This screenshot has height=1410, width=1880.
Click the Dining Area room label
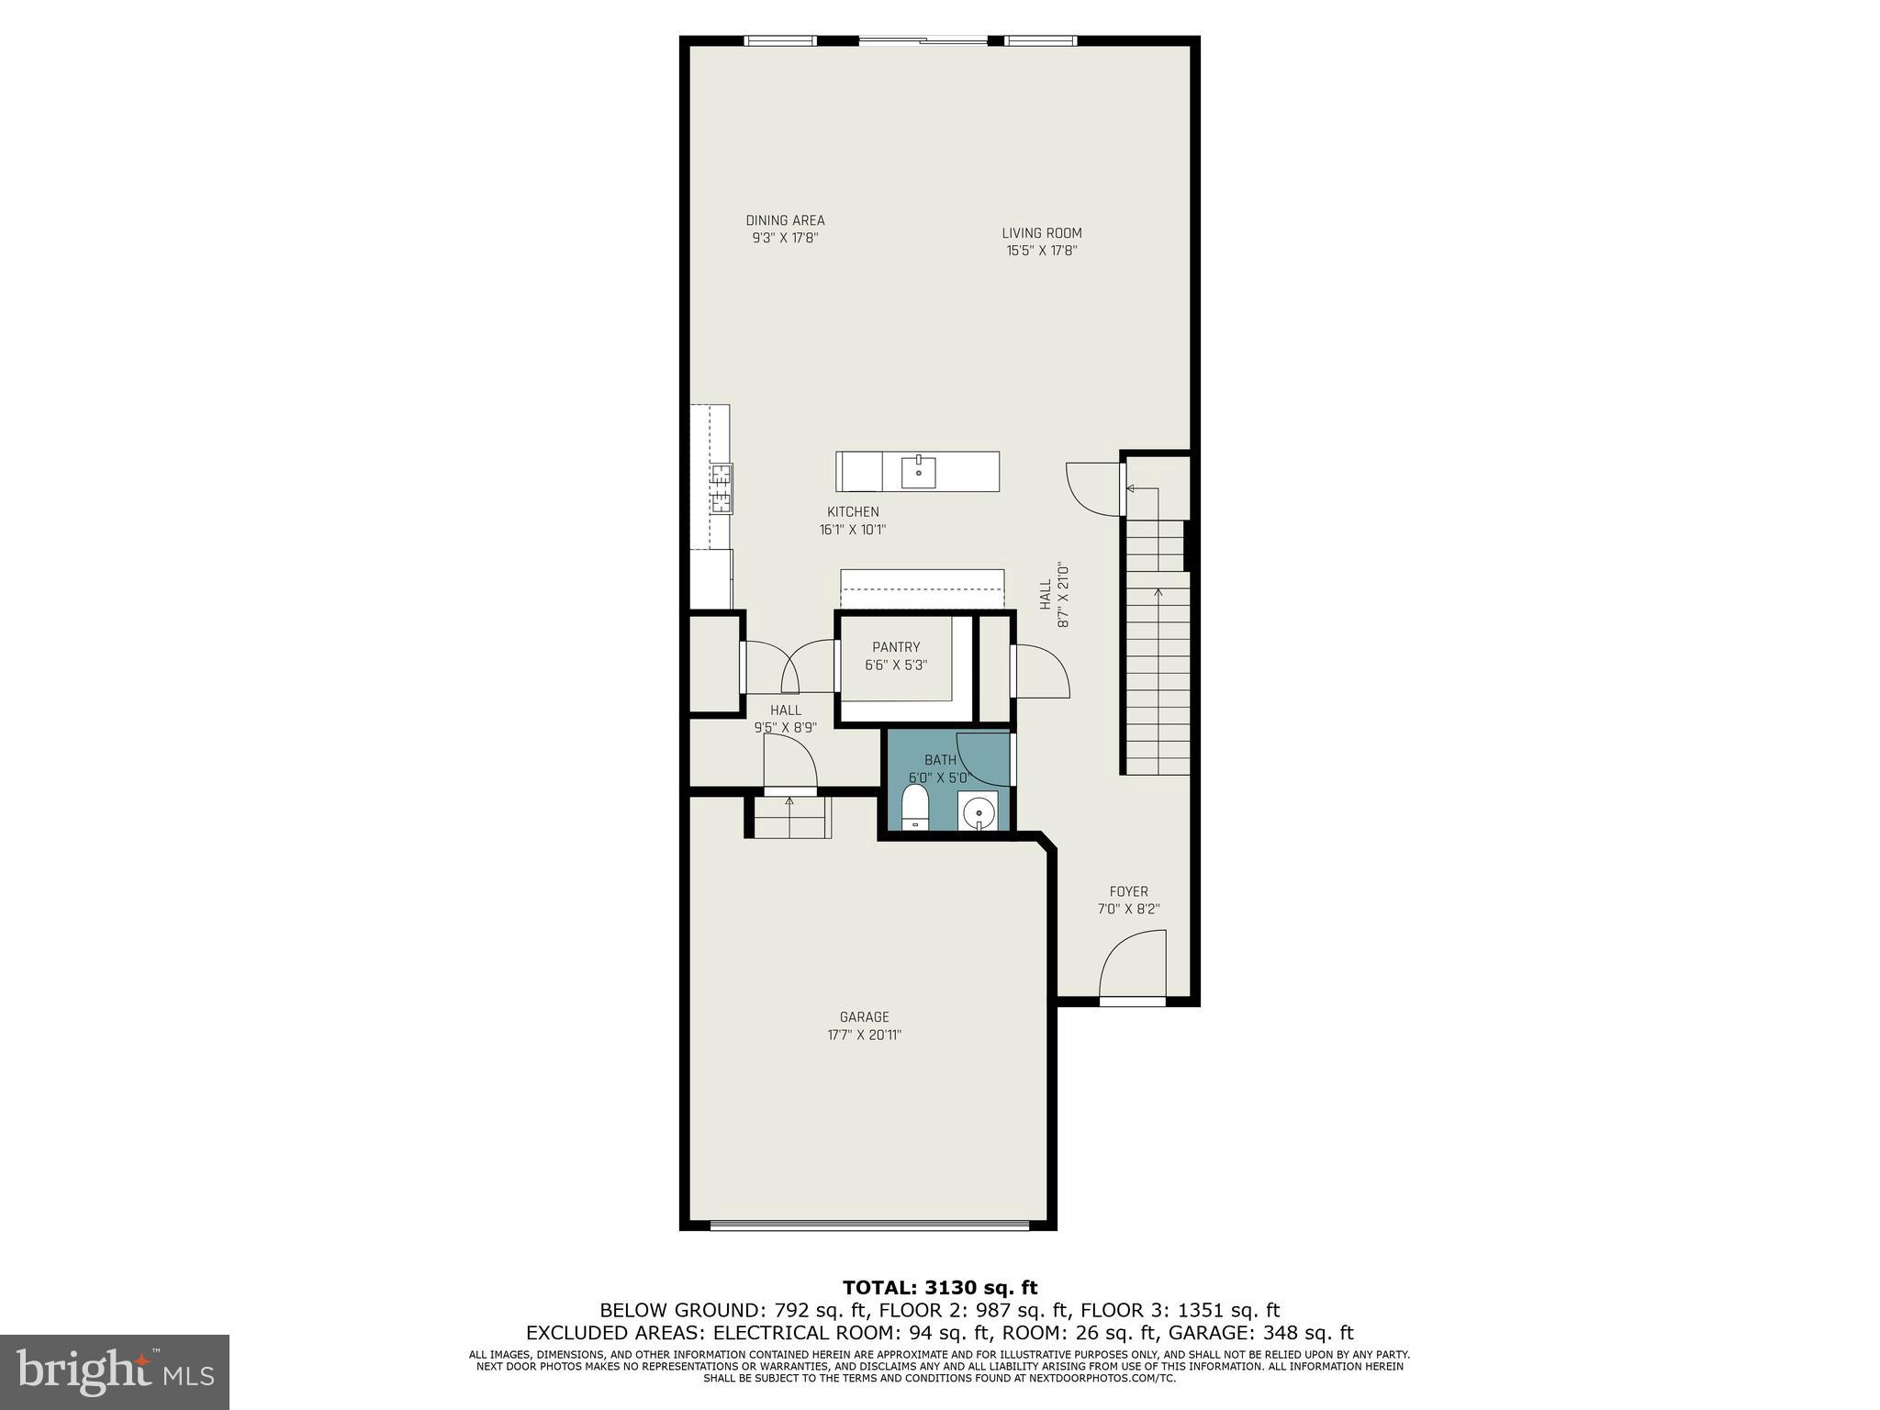click(x=785, y=220)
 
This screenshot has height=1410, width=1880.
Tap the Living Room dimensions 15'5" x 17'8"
click(x=1041, y=250)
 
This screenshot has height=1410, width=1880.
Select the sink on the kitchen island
click(x=918, y=472)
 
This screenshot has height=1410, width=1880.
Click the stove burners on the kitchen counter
click(x=722, y=488)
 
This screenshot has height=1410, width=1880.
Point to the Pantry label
click(x=896, y=647)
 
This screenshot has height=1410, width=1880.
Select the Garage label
click(x=864, y=1017)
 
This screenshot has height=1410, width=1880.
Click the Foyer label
click(x=1128, y=891)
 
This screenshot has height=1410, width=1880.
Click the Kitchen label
click(x=853, y=512)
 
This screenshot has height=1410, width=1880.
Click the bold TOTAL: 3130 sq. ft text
click(x=940, y=1288)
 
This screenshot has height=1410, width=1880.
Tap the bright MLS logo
click(x=115, y=1371)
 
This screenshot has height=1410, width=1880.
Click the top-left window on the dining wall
click(x=779, y=40)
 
